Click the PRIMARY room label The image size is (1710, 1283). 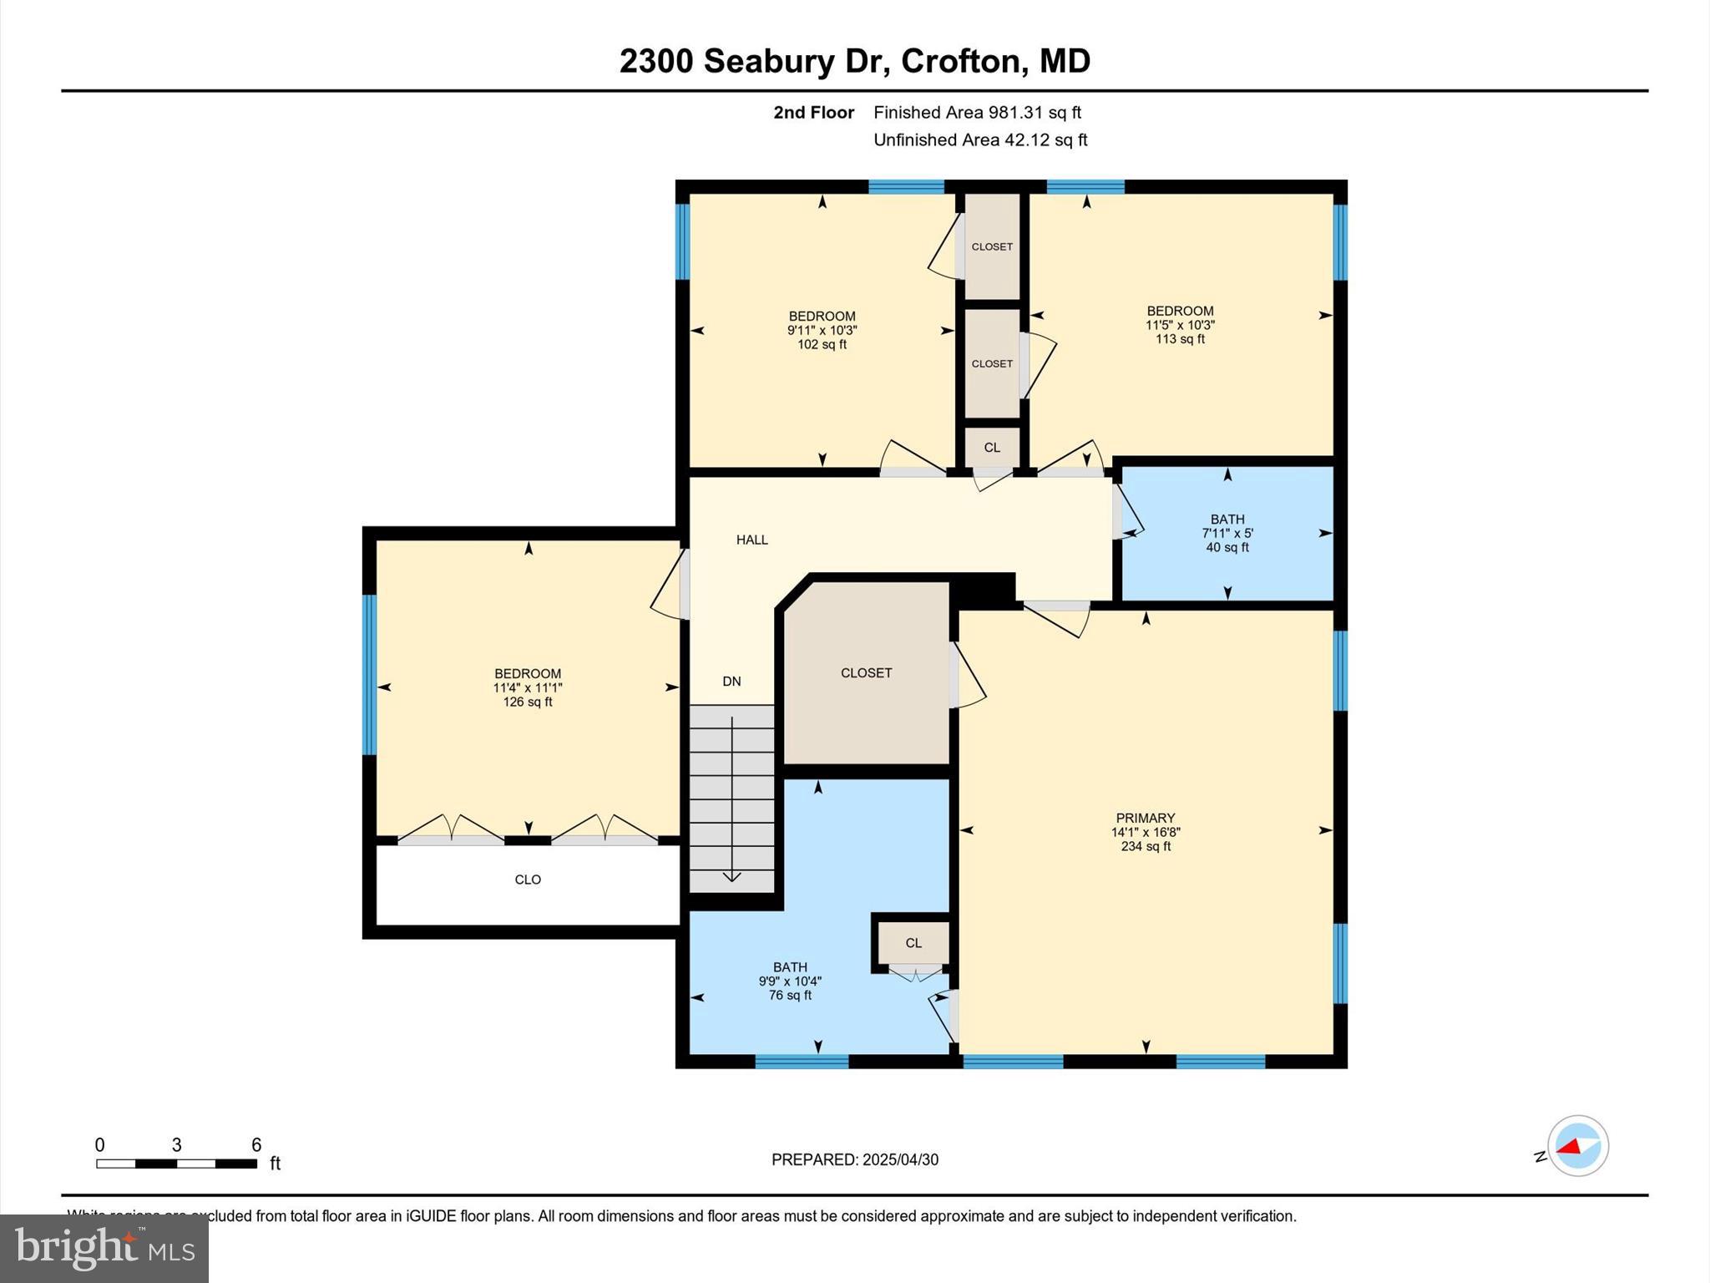(1145, 818)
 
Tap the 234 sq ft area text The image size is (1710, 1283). (1145, 846)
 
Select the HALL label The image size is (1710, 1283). (751, 540)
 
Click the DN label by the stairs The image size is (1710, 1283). (731, 681)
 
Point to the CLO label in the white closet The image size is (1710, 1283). (528, 880)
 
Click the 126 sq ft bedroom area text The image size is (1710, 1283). (527, 702)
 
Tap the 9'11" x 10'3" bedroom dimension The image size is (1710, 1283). (822, 330)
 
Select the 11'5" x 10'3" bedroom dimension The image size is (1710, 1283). (1179, 325)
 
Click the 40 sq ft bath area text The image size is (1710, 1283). (1227, 547)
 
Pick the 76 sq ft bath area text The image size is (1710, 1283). (790, 995)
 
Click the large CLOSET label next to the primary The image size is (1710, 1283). (866, 672)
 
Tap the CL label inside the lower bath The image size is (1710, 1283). (913, 942)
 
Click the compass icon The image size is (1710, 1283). (1577, 1145)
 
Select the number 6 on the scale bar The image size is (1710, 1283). (256, 1144)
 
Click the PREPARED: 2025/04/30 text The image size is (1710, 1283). (854, 1159)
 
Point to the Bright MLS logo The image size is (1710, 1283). (104, 1248)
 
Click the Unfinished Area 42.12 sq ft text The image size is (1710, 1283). (979, 139)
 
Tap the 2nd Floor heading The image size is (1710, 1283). (813, 112)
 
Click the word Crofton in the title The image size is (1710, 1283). (960, 61)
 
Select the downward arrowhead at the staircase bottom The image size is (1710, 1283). (731, 876)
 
